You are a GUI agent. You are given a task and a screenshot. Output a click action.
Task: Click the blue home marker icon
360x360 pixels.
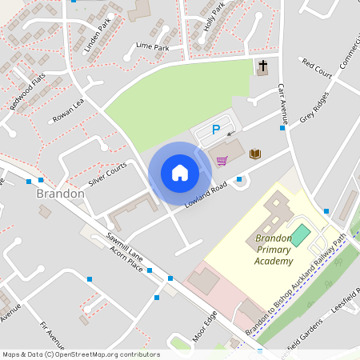pyautogui.click(x=180, y=172)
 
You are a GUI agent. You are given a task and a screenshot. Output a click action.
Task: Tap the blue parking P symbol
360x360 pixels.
pyautogui.click(x=214, y=130)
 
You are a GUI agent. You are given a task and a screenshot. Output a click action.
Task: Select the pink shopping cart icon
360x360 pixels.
pyautogui.click(x=222, y=160)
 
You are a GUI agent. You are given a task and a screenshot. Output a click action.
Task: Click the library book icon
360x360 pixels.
pyautogui.click(x=255, y=153)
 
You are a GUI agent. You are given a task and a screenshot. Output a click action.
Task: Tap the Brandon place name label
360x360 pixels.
pyautogui.click(x=60, y=194)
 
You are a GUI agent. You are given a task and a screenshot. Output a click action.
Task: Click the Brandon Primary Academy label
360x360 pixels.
pyautogui.click(x=274, y=250)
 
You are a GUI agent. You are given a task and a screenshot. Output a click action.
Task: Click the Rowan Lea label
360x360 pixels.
pyautogui.click(x=68, y=111)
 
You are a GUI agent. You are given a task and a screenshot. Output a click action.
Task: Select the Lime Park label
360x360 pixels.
pyautogui.click(x=152, y=47)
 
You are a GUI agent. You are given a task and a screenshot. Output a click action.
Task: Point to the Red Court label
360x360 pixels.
pyautogui.click(x=316, y=66)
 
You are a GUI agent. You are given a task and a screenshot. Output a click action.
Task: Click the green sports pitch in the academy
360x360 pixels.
pyautogui.click(x=300, y=235)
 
